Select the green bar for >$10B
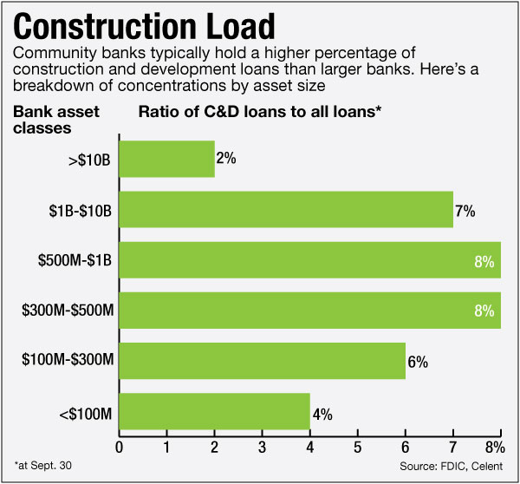(166, 159)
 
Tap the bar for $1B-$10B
(286, 209)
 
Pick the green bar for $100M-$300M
(262, 361)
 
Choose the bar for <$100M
(214, 411)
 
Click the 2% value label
(227, 160)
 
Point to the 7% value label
(465, 210)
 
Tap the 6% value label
(418, 362)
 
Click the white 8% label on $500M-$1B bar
(484, 260)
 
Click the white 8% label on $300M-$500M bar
(484, 311)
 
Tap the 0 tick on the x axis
(119, 448)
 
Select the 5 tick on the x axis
(357, 448)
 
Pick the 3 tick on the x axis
(262, 448)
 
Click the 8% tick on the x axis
(495, 448)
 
